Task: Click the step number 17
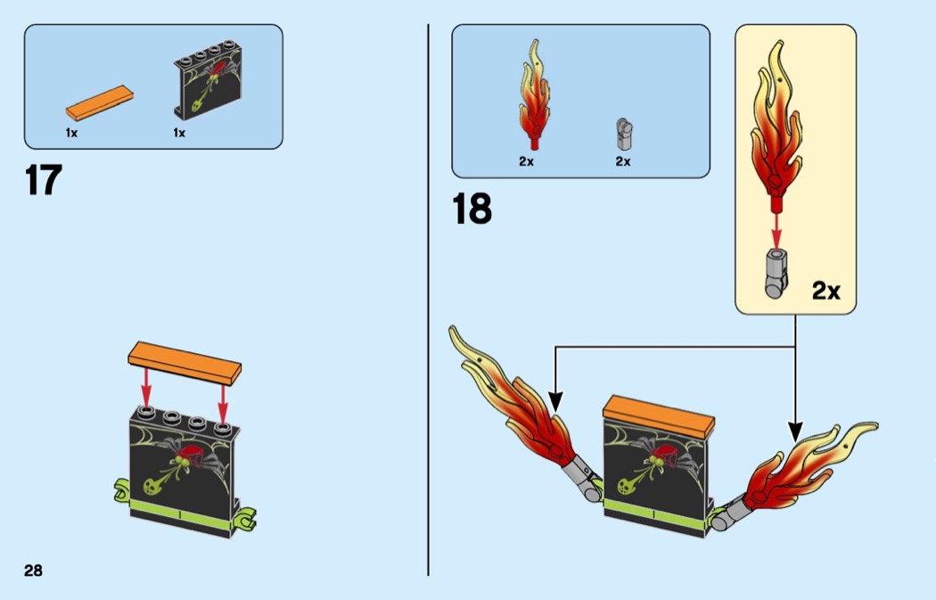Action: [x=43, y=180]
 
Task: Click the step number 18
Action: [x=472, y=210]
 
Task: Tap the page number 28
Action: [x=33, y=571]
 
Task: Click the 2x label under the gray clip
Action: [x=622, y=161]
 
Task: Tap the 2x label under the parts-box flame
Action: [x=526, y=161]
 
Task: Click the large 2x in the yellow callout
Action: [x=825, y=292]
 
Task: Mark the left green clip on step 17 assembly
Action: [x=123, y=489]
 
